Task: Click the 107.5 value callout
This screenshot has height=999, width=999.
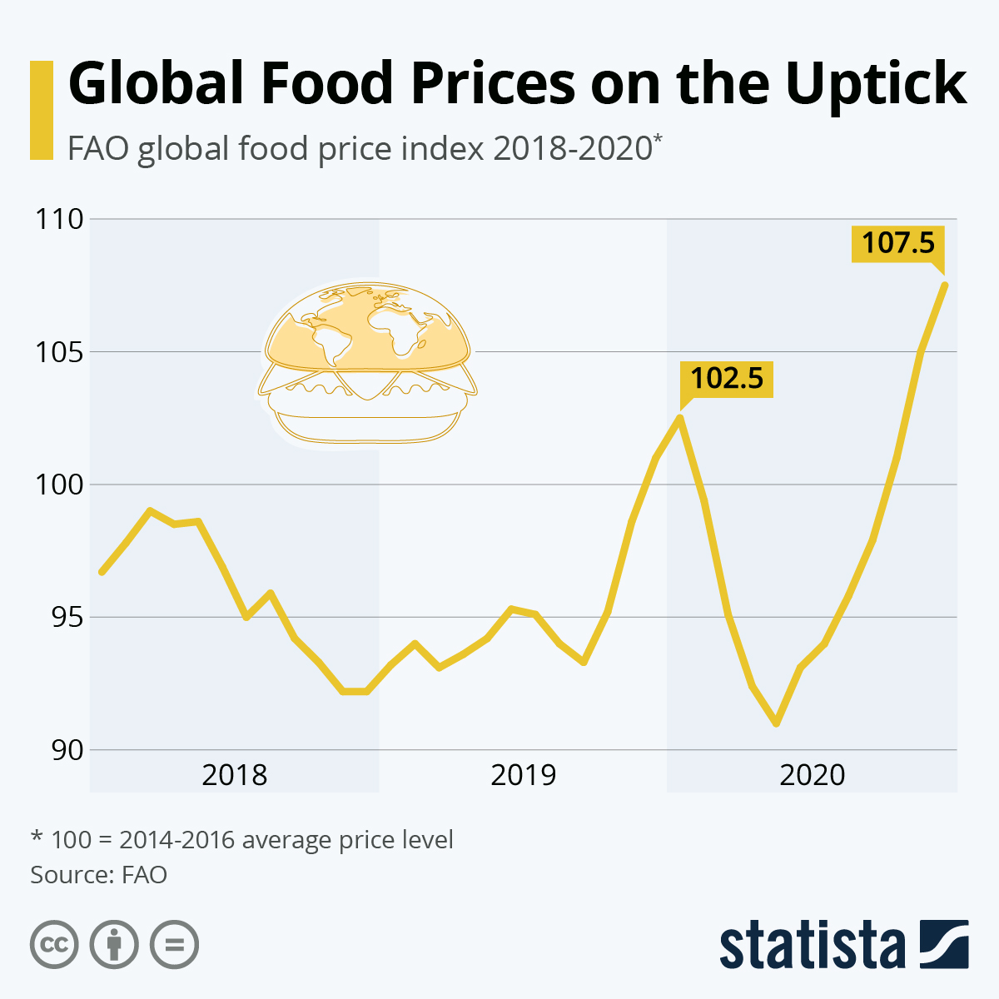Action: [x=897, y=243]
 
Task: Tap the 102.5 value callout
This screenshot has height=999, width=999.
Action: [x=726, y=378]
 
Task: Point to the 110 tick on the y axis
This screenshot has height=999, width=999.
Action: [x=58, y=220]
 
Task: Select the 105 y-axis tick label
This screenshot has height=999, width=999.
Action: [x=58, y=352]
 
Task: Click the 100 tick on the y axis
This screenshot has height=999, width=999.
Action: [x=58, y=485]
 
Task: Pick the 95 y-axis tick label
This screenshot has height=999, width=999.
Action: [x=58, y=618]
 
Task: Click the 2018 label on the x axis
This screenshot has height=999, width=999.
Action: [x=235, y=775]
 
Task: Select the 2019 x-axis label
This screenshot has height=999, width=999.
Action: [x=523, y=775]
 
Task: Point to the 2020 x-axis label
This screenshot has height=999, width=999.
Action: [x=812, y=775]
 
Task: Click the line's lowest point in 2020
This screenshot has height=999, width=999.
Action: [x=777, y=723]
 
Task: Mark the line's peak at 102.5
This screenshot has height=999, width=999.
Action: [x=680, y=418]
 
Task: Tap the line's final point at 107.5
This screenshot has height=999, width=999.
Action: [x=945, y=286]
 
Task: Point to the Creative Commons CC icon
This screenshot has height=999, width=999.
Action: [x=54, y=945]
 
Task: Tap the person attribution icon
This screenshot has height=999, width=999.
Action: [x=114, y=945]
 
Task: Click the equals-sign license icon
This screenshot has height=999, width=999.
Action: [x=174, y=945]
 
